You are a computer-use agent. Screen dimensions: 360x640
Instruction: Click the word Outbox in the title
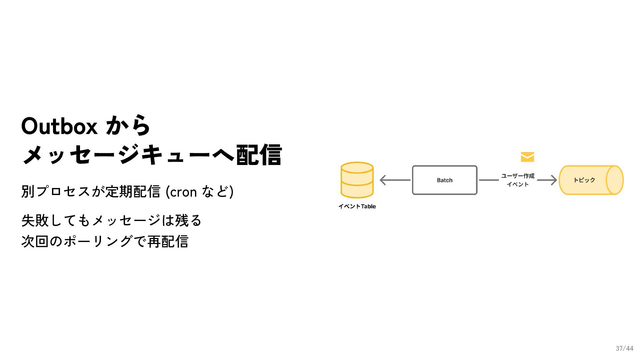pyautogui.click(x=59, y=126)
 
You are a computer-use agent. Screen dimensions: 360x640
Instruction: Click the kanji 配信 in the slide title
pyautogui.click(x=259, y=155)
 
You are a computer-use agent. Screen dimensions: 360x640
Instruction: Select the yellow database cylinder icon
pyautogui.click(x=357, y=180)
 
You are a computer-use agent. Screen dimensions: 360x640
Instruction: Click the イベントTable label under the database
pyautogui.click(x=357, y=206)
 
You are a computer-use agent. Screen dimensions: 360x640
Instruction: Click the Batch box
pyautogui.click(x=445, y=180)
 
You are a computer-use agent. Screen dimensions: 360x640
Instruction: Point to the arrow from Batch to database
pyautogui.click(x=395, y=180)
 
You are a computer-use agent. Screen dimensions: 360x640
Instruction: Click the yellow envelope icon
pyautogui.click(x=527, y=157)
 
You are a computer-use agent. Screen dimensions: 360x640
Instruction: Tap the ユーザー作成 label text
pyautogui.click(x=518, y=176)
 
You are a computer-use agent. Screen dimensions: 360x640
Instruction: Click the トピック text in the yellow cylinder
pyautogui.click(x=584, y=180)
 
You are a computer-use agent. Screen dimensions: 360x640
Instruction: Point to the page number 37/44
pyautogui.click(x=624, y=348)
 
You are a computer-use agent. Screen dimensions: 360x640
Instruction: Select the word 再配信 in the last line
pyautogui.click(x=168, y=242)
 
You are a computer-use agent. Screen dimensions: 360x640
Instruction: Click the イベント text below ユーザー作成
pyautogui.click(x=518, y=184)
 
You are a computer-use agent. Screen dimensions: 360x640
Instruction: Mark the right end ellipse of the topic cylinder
pyautogui.click(x=614, y=180)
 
